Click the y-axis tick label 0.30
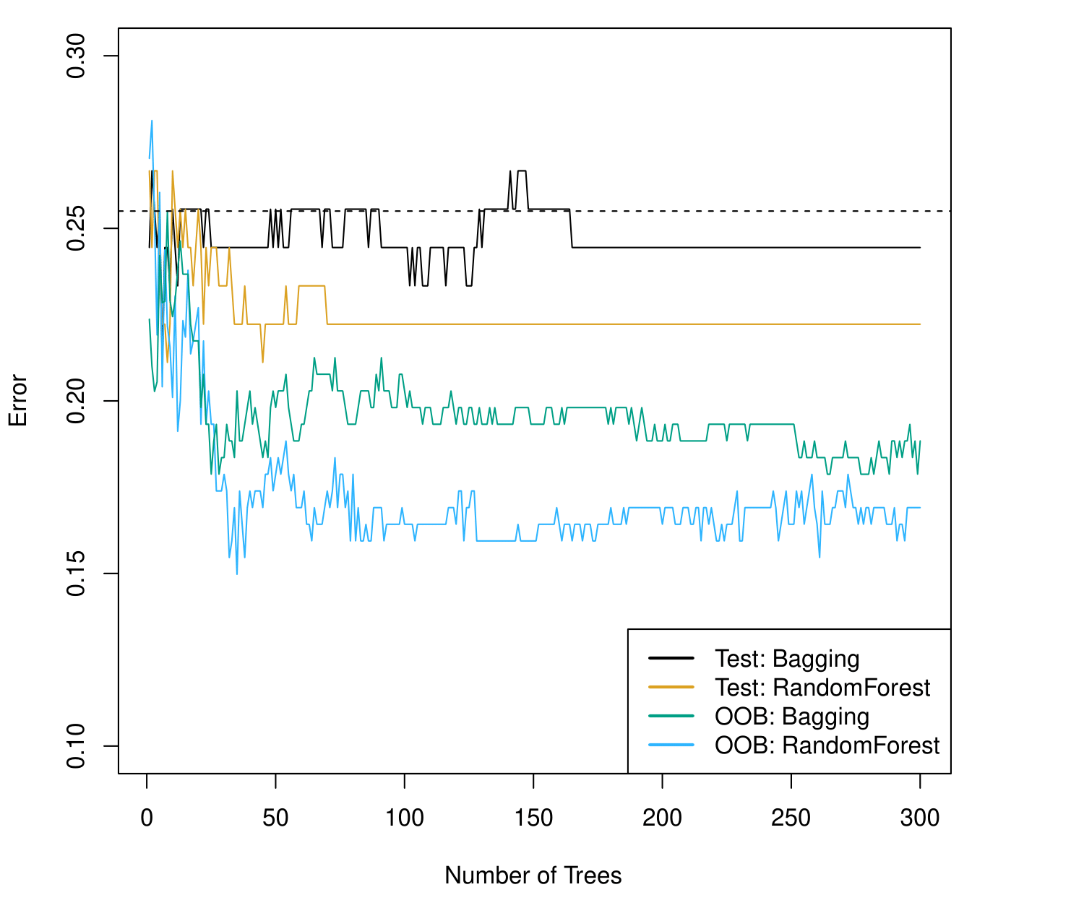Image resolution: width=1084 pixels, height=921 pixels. [75, 56]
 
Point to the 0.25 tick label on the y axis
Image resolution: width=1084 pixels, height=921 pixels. [75, 228]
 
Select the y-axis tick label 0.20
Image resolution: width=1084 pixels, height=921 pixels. [75, 401]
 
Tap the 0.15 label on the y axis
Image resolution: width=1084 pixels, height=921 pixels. [75, 574]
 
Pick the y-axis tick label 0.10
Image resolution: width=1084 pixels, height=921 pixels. [75, 746]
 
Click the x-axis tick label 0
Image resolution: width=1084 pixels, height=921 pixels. [147, 818]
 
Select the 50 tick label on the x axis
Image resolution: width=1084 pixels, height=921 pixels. [275, 818]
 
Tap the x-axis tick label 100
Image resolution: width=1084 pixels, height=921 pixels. [405, 818]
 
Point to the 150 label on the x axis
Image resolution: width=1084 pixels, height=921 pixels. [533, 818]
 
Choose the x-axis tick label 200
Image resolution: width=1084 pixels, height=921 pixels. [662, 818]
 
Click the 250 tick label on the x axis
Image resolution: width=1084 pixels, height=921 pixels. [791, 818]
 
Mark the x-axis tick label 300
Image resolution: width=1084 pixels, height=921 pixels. [920, 818]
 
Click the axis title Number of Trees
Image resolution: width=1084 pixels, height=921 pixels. [533, 875]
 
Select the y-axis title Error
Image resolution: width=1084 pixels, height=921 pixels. [17, 401]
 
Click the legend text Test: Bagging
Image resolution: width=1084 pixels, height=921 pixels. [787, 659]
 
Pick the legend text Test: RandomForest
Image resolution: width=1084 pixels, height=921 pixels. [822, 688]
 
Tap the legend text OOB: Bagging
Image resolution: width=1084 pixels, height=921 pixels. [791, 717]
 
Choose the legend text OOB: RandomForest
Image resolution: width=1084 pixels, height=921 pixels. [827, 745]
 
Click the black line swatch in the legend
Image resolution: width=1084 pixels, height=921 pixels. [671, 658]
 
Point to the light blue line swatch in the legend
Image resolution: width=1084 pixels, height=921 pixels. [671, 745]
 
